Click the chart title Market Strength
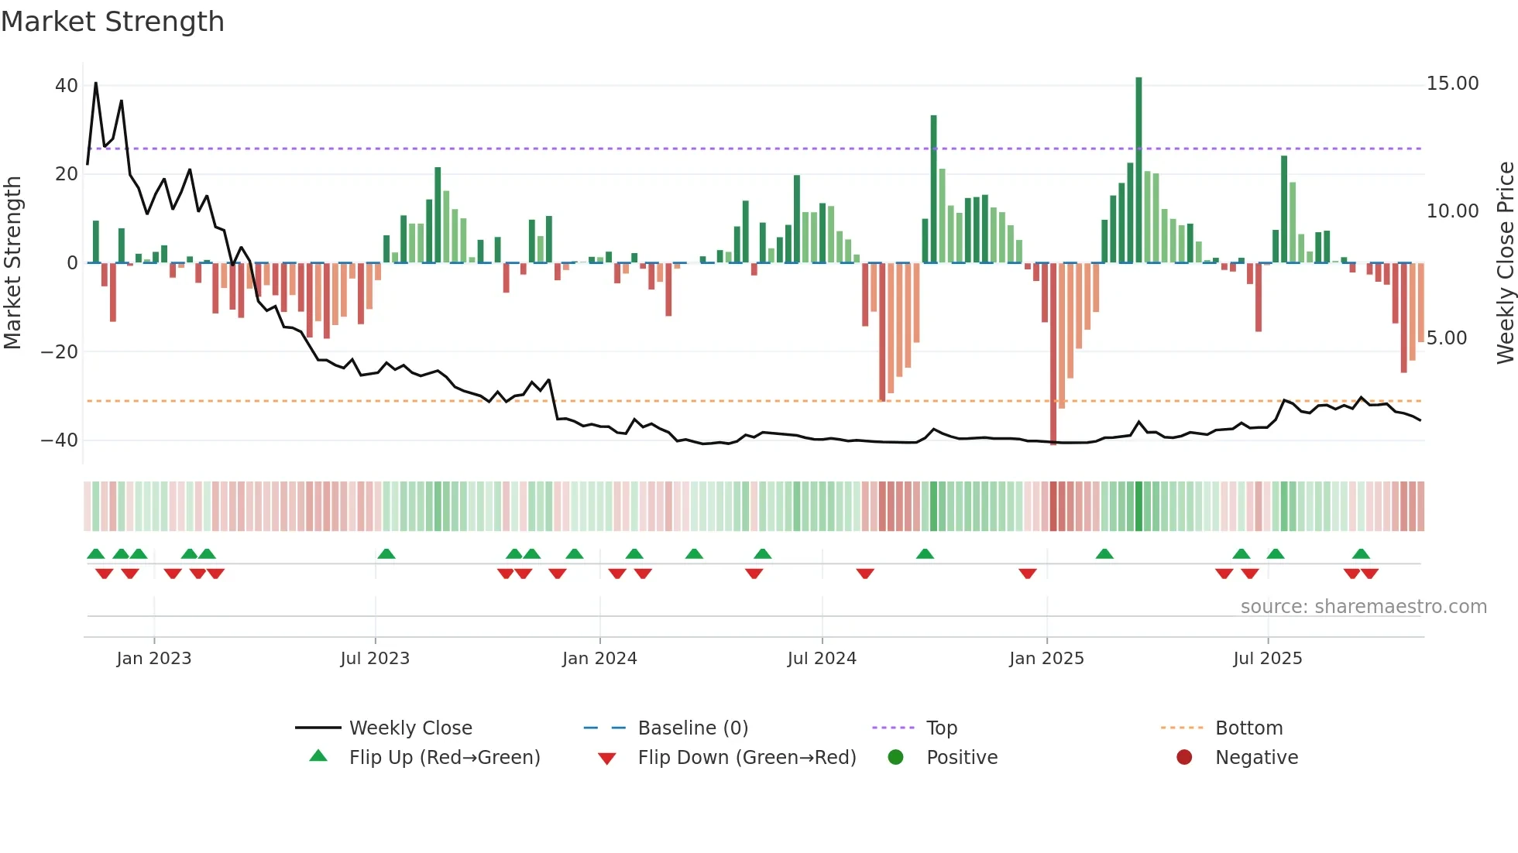click(112, 22)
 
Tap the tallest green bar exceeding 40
click(1138, 170)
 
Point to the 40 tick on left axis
click(67, 86)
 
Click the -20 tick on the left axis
click(60, 352)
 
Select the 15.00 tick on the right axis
click(1452, 84)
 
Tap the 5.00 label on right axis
click(1446, 338)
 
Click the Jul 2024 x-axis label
click(822, 659)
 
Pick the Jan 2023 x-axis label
click(153, 659)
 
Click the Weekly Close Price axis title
click(1505, 262)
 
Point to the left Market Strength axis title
click(13, 262)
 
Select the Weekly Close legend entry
click(410, 728)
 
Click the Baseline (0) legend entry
click(692, 728)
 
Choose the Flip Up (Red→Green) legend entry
click(444, 758)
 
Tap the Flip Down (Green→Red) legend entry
click(747, 758)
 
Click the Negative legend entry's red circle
click(1184, 757)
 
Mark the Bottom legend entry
click(1248, 728)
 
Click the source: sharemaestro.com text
click(1363, 607)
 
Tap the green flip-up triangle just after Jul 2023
click(386, 553)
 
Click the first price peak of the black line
click(96, 83)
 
